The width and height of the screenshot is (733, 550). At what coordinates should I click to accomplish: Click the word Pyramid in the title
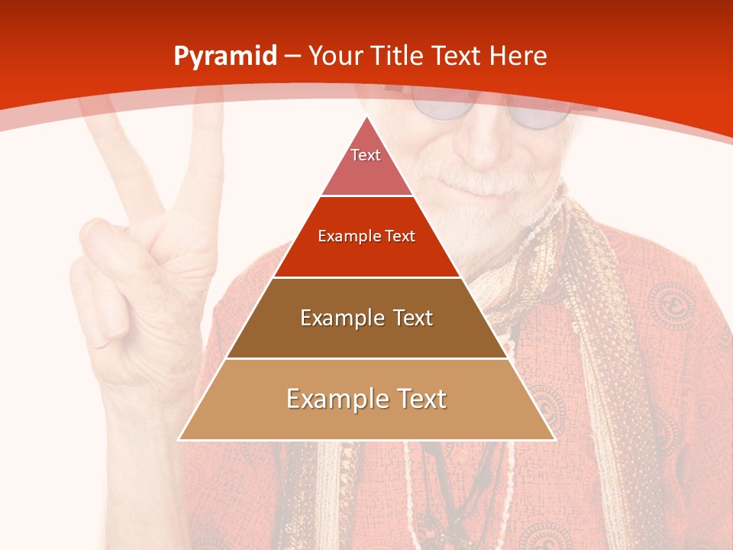(224, 57)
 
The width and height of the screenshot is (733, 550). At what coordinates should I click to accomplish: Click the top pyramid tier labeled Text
(366, 164)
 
